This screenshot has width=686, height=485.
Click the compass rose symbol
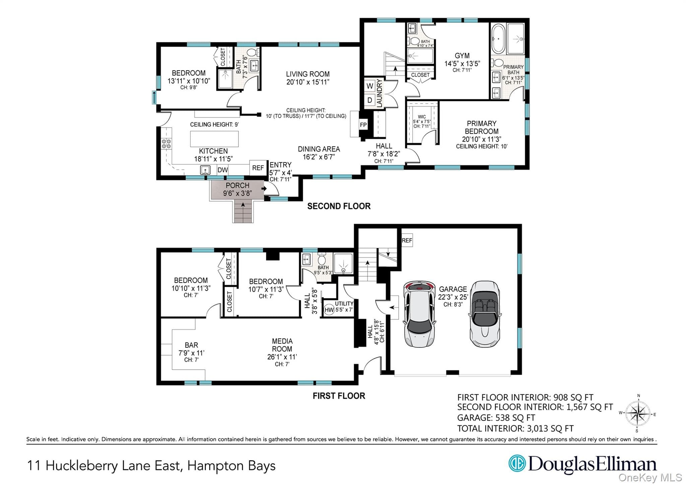(638, 414)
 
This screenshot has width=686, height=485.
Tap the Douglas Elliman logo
(582, 464)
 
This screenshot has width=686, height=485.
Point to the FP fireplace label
(363, 125)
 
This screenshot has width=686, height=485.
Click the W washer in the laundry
(370, 86)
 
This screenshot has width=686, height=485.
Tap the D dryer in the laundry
(370, 100)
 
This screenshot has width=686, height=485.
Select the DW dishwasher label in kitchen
(223, 170)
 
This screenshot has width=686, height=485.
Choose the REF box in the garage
(407, 240)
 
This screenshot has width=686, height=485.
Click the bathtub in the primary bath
(498, 39)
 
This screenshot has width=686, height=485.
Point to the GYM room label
(462, 56)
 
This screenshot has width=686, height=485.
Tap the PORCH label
(237, 185)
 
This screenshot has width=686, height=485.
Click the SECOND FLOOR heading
(339, 206)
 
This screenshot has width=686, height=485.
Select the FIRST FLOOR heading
(339, 396)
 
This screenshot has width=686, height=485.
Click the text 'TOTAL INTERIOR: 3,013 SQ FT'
(516, 428)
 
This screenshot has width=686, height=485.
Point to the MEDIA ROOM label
(282, 345)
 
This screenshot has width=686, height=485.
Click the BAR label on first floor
(191, 345)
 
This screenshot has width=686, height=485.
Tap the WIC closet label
(422, 117)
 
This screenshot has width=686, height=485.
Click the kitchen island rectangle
(214, 139)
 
